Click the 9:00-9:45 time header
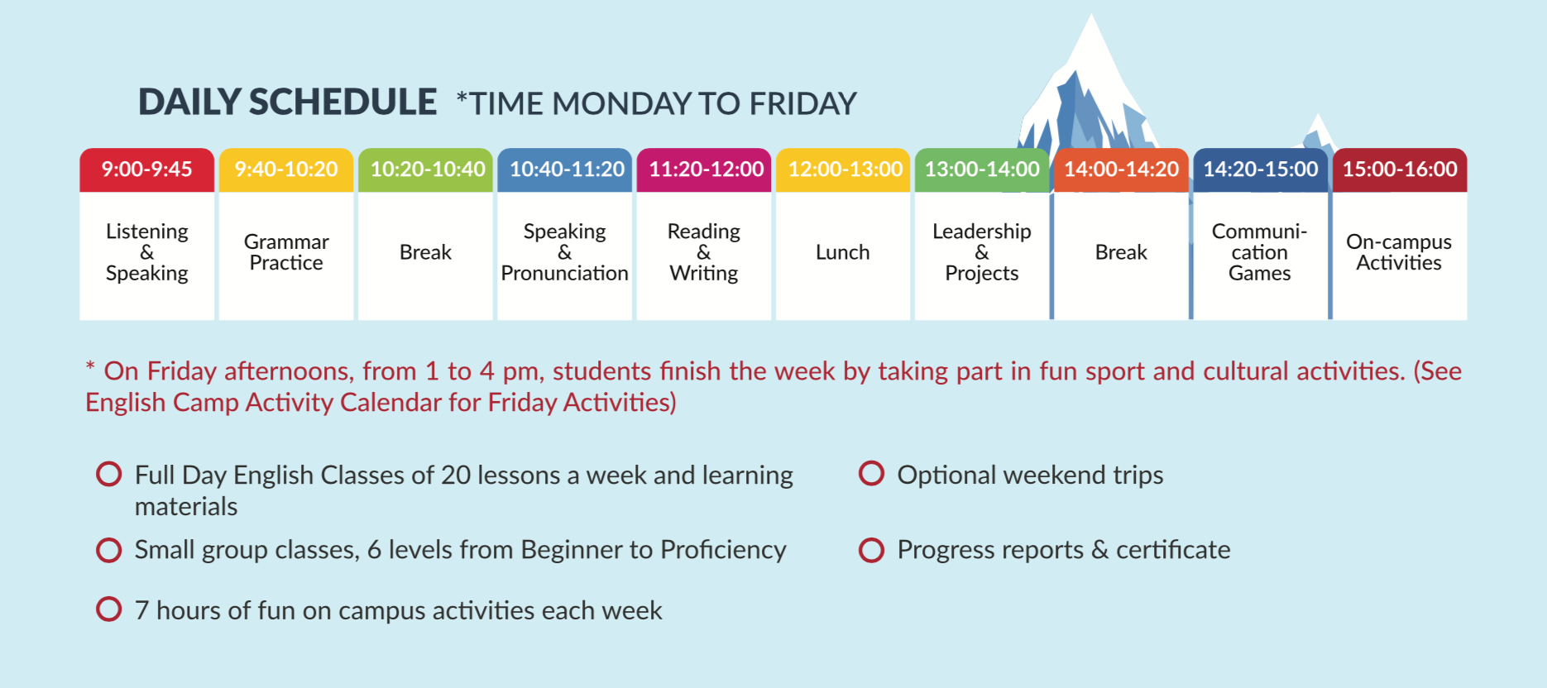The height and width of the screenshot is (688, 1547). coord(146,170)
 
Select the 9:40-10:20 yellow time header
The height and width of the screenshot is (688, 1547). coord(286,170)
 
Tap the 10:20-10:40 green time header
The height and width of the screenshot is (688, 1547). coord(425,170)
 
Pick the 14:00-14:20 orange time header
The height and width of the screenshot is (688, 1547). coord(1121,170)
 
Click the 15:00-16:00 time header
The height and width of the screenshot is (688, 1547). coord(1400,170)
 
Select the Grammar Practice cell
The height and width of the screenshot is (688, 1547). coord(286,256)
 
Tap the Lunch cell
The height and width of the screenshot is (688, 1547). coord(843,256)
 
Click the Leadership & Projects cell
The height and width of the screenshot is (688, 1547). coord(982,256)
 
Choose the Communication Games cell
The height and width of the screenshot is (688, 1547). coord(1260,256)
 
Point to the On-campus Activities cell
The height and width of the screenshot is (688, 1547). coord(1400,256)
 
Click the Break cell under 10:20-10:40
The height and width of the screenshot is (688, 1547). coord(425,256)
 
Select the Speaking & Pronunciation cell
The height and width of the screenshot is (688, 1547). coord(565,256)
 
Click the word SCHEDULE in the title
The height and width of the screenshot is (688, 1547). coord(342,103)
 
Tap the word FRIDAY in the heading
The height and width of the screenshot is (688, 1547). coord(802,104)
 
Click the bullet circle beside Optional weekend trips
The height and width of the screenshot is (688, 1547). coord(871,474)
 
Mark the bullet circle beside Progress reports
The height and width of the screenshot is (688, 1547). coord(871,550)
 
